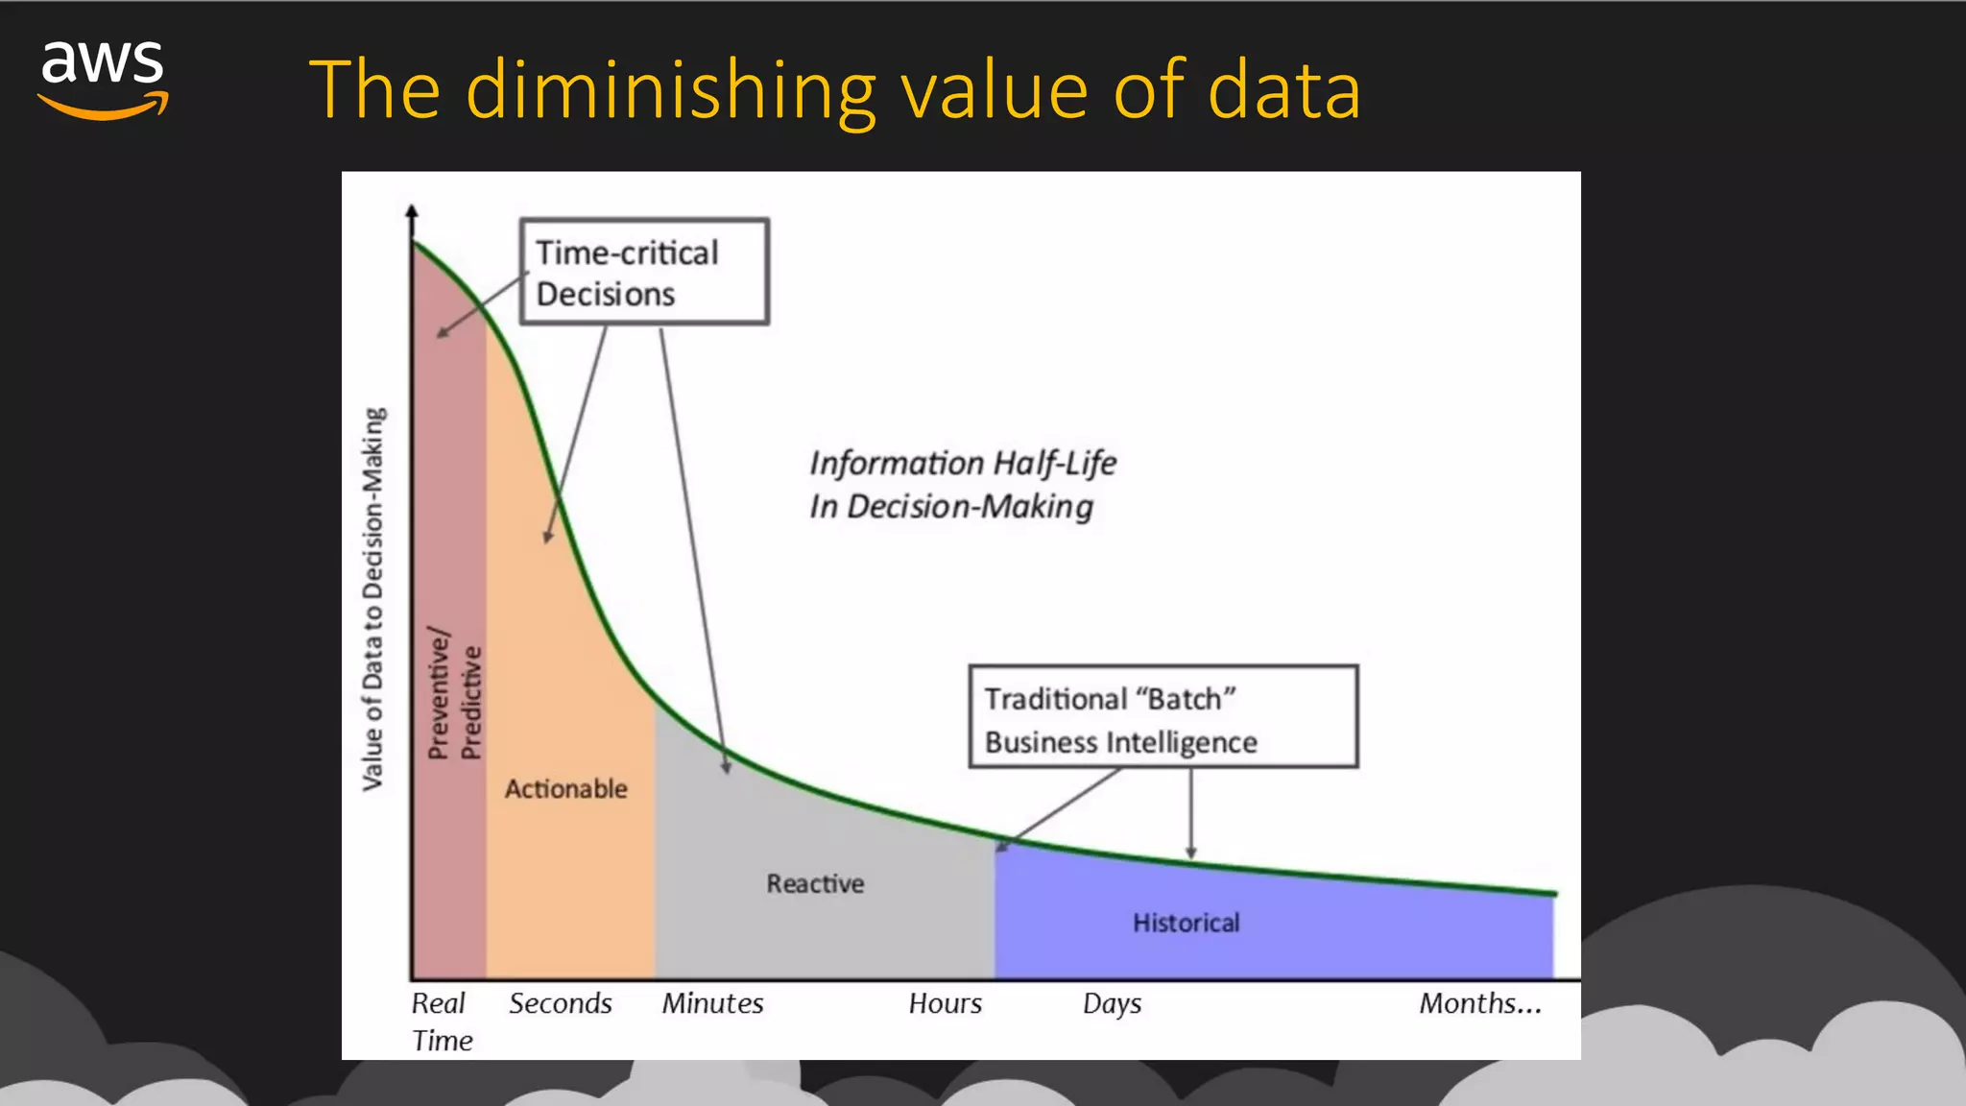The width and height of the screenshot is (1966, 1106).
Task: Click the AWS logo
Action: [103, 80]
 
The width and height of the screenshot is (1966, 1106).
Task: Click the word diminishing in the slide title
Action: [671, 90]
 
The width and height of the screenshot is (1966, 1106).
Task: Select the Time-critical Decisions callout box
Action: [644, 272]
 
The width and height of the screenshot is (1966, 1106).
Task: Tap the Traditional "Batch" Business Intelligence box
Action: [1163, 717]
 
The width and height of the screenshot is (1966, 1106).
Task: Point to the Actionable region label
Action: [566, 789]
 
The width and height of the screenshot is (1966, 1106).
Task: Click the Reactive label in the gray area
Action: [815, 883]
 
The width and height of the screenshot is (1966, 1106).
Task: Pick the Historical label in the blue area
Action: [1187, 923]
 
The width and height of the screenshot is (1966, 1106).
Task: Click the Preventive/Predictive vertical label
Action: [454, 693]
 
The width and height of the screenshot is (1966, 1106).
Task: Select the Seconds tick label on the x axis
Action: [561, 1003]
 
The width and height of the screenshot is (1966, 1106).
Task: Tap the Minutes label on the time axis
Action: [712, 1003]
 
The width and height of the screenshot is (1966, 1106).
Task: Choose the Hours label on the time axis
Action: [946, 1003]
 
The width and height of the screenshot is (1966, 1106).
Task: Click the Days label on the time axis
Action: [1112, 1004]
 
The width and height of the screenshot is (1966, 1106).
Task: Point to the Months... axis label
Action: [1480, 1003]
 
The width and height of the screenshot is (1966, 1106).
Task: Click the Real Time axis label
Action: [441, 1022]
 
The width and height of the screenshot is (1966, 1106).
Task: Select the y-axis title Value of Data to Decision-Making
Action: [372, 599]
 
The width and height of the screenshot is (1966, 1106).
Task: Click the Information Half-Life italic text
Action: [962, 464]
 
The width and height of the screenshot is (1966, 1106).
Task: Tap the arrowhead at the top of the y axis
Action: [412, 211]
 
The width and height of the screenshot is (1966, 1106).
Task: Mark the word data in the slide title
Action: [1283, 90]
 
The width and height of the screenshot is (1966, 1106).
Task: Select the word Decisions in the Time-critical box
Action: [606, 295]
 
